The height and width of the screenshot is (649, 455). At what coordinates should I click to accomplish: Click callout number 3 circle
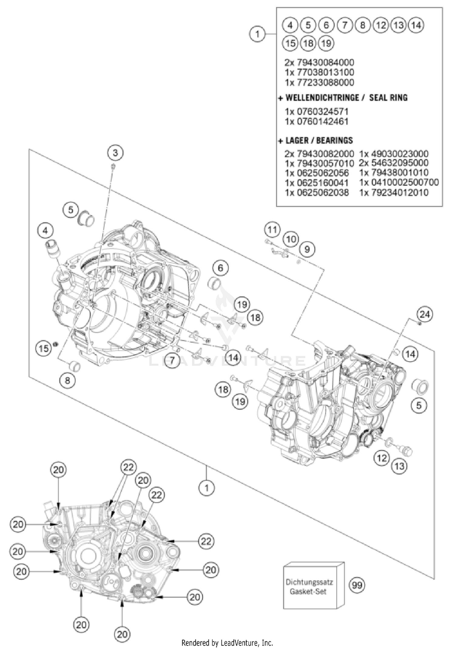click(x=115, y=153)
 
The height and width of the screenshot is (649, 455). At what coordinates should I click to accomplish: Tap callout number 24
click(x=424, y=314)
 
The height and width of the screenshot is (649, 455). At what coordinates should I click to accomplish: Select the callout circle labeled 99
click(x=357, y=585)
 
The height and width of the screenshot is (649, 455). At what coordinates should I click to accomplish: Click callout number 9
click(x=307, y=249)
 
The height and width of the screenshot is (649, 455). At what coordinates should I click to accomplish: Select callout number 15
click(x=43, y=348)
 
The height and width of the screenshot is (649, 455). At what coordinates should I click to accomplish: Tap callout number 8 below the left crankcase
click(x=67, y=380)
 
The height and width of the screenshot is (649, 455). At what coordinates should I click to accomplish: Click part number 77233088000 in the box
click(x=319, y=82)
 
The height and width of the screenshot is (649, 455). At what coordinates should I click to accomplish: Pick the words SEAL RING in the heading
click(x=388, y=98)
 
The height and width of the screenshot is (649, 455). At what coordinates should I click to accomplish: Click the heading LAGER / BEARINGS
click(x=319, y=141)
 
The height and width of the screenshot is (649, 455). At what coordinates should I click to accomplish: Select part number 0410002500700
click(x=399, y=182)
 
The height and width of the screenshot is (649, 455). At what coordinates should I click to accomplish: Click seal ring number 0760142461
click(x=317, y=121)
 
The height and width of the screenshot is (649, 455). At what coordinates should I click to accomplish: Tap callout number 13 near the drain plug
click(x=399, y=466)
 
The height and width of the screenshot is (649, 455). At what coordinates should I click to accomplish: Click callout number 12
click(x=381, y=457)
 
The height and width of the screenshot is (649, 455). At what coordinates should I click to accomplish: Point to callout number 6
click(x=220, y=268)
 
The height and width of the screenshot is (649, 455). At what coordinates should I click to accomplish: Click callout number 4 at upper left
click(x=45, y=231)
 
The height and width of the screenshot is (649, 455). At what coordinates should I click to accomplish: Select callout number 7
click(x=172, y=360)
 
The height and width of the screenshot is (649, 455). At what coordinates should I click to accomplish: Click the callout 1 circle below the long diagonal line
click(x=207, y=488)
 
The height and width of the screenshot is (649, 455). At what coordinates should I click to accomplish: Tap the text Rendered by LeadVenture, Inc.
click(x=227, y=643)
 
